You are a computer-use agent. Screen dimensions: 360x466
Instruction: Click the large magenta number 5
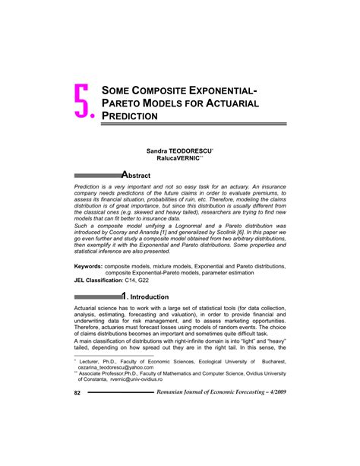[84, 101]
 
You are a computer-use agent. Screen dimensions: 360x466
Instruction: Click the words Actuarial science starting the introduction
[101, 310]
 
